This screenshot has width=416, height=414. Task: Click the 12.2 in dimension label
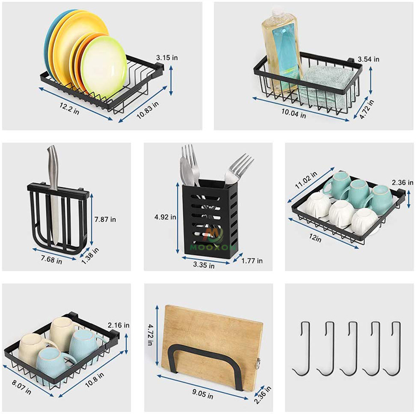(x=69, y=108)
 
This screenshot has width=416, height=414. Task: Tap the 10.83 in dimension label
(x=148, y=110)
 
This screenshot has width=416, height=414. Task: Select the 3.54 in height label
(x=368, y=59)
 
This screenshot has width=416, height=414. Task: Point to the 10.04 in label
(x=293, y=113)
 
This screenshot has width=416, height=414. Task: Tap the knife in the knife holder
(x=53, y=194)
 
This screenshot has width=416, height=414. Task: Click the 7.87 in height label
(x=105, y=219)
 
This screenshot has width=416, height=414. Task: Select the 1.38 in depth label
(x=90, y=256)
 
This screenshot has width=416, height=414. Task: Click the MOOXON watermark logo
(x=213, y=240)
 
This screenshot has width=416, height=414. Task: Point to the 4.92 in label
(x=165, y=217)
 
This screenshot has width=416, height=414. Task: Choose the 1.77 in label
(x=252, y=261)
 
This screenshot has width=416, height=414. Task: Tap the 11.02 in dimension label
(x=306, y=180)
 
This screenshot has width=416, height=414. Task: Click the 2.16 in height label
(x=119, y=325)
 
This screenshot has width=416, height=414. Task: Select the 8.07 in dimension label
(x=21, y=387)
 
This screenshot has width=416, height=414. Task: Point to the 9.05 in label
(x=202, y=394)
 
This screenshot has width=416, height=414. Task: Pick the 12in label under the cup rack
(x=315, y=238)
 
